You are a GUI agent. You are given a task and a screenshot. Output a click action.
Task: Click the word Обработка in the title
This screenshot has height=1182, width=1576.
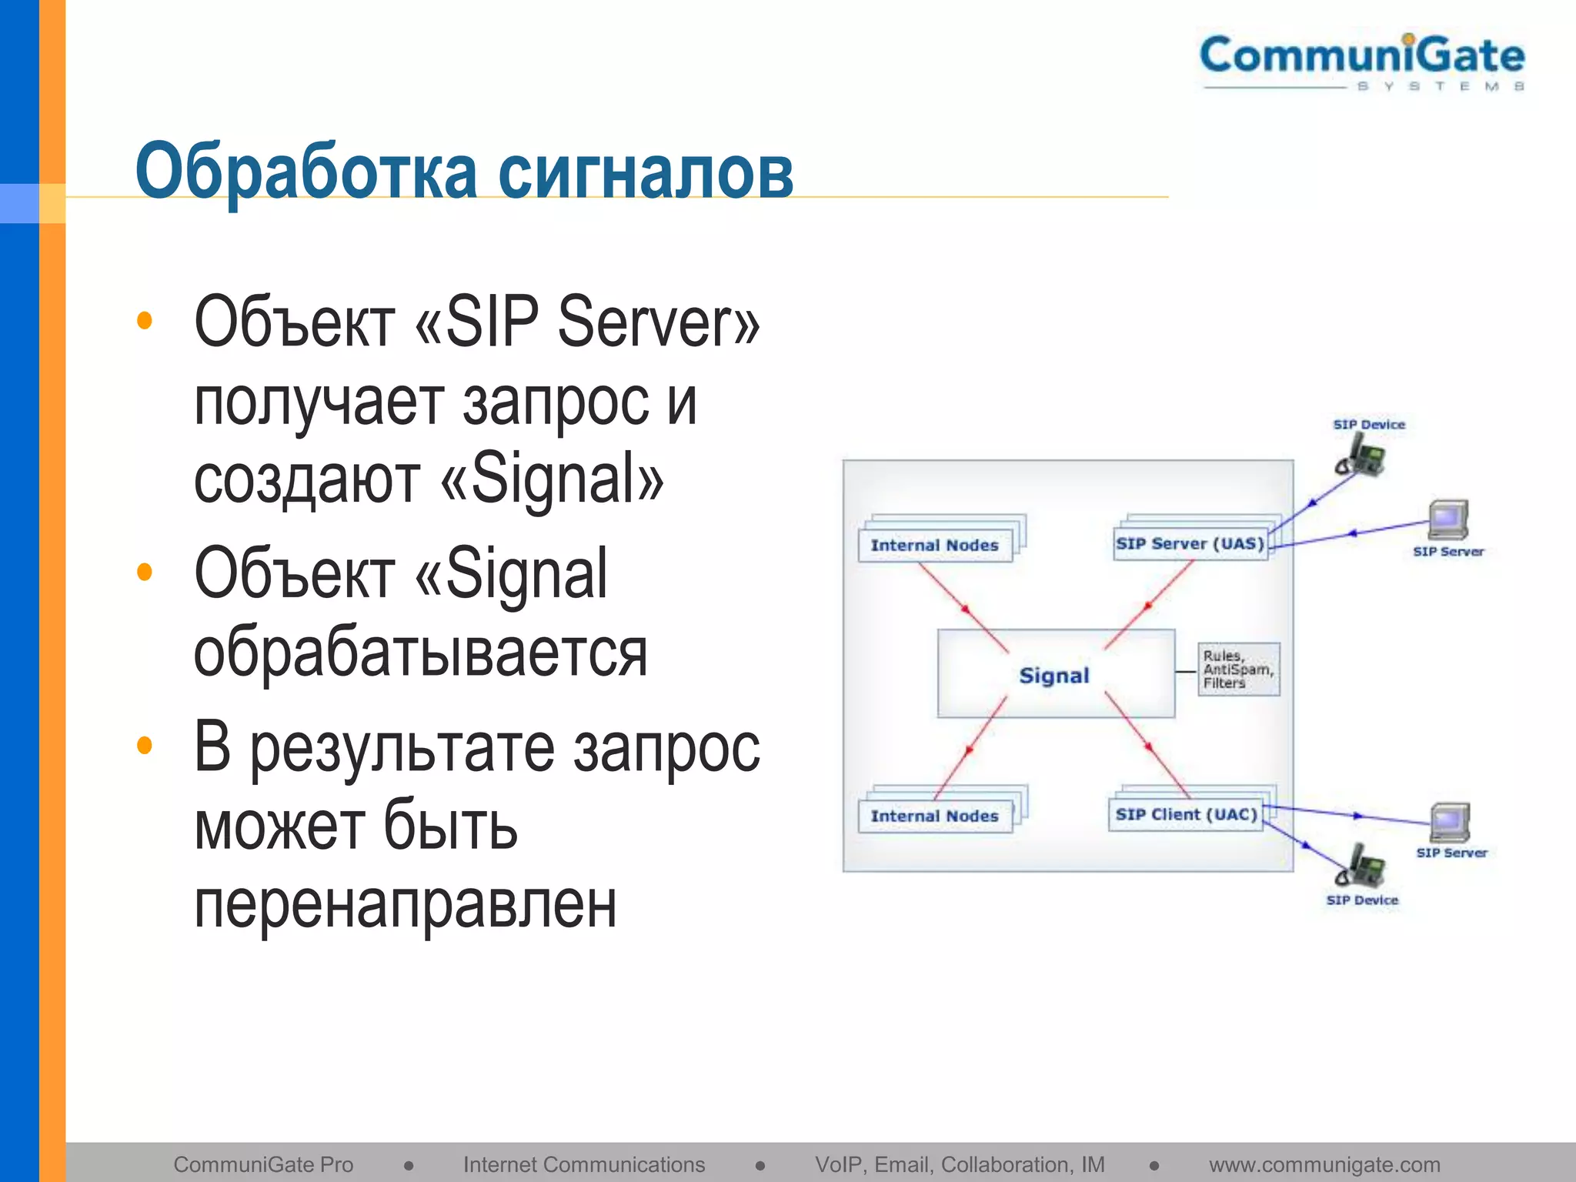306,171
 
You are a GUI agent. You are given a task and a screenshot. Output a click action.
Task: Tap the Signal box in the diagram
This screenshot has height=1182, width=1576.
1055,675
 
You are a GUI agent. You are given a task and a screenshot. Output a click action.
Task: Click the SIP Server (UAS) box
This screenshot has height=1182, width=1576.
1190,544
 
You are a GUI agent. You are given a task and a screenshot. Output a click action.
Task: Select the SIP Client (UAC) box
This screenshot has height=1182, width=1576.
1186,815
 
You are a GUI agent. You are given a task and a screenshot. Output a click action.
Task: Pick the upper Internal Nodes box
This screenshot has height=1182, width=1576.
934,545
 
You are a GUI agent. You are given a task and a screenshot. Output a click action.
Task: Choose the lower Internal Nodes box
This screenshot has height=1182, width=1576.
934,816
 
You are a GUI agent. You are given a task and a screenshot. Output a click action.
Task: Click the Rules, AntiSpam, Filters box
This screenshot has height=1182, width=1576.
1237,669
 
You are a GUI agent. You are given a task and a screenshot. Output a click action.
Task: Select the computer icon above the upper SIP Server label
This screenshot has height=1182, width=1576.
1448,520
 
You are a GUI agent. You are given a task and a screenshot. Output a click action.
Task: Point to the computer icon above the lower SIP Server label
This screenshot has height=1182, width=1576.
1451,823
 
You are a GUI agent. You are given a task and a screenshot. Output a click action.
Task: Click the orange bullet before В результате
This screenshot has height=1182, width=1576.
144,745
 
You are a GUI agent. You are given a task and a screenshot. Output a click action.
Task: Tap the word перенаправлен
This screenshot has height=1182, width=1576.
405,905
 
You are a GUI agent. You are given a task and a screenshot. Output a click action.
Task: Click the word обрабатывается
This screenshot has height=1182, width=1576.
419,654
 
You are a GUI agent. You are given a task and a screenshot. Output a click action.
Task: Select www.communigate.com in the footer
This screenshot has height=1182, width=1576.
1324,1165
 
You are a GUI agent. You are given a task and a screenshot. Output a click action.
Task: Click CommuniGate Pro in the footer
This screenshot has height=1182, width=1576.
263,1165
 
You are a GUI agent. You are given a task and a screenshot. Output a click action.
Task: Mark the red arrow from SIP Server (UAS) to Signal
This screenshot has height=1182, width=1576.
1148,605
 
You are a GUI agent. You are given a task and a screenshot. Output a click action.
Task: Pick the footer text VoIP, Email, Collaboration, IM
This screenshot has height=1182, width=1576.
960,1165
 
